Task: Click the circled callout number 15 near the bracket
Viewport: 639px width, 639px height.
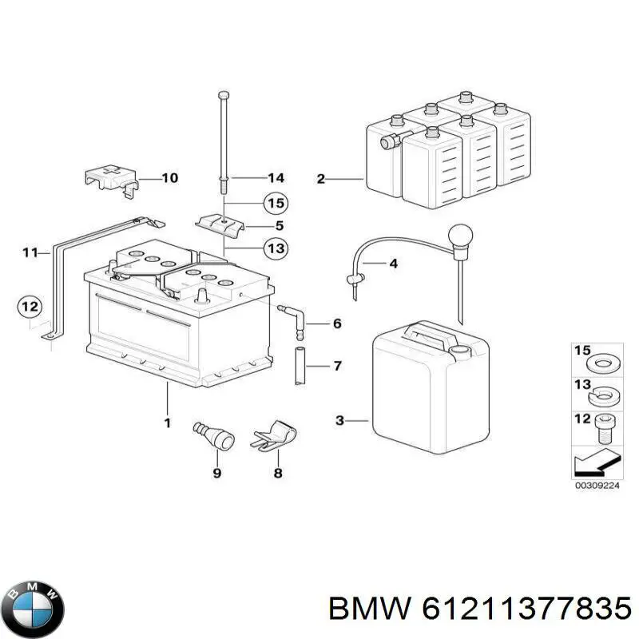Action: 275,204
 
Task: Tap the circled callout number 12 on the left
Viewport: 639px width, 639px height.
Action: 30,306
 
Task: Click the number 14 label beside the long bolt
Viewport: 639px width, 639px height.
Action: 276,177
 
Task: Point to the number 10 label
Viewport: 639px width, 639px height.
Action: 169,178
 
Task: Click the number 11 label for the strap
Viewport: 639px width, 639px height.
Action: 30,253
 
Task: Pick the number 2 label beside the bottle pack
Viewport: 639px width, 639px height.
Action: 321,179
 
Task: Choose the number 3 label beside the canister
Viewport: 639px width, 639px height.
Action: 339,420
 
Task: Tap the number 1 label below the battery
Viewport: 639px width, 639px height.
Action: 167,423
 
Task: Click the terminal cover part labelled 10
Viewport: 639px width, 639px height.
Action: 109,180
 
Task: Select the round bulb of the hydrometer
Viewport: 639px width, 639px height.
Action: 462,236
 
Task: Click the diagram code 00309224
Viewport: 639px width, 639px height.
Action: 597,485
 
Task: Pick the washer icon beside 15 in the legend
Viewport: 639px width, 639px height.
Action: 603,363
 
